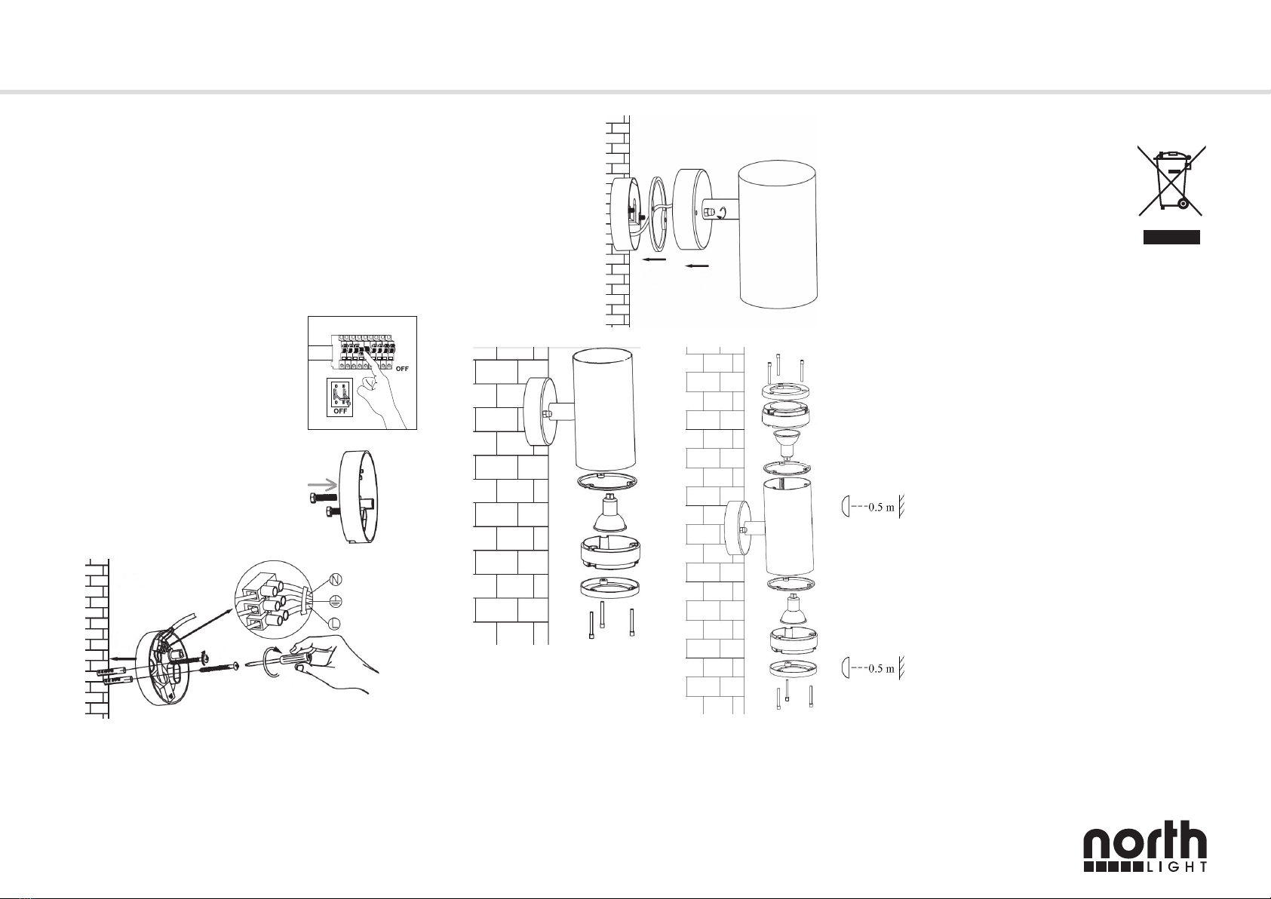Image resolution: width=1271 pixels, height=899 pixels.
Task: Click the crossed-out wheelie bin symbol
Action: [1171, 180]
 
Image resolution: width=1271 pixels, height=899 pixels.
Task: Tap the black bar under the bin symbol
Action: [1171, 237]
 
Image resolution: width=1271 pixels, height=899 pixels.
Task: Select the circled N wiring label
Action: [336, 579]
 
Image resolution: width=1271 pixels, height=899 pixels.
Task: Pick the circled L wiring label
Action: [335, 623]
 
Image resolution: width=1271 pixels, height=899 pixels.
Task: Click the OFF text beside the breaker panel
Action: [402, 369]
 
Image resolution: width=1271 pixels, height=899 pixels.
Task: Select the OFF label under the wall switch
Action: [340, 411]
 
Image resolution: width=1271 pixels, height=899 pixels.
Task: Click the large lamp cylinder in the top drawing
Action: [778, 234]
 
